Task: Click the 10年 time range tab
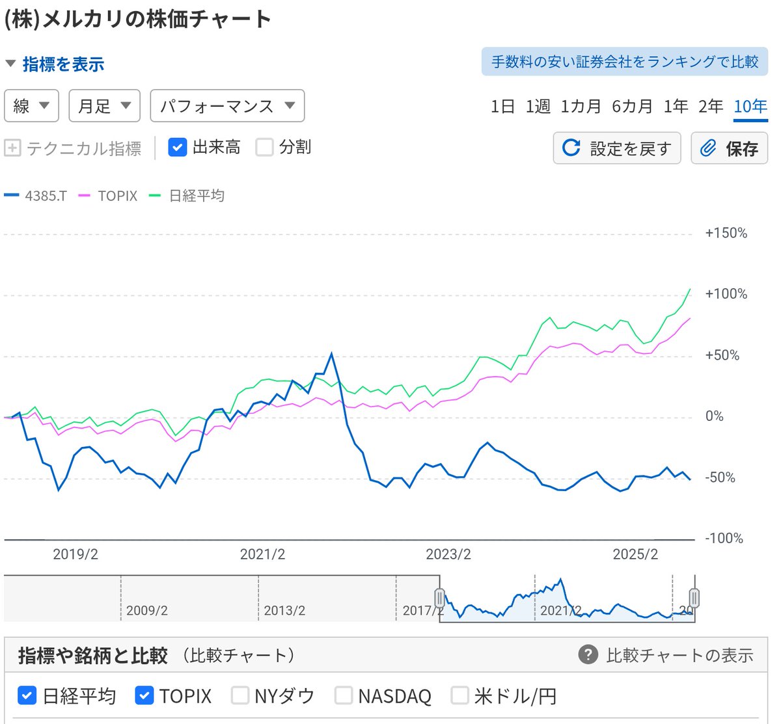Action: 750,107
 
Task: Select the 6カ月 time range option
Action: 632,107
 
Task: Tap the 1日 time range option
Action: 502,107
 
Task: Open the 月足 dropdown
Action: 104,106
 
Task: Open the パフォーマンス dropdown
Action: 227,106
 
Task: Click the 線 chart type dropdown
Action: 31,106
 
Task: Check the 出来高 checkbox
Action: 178,148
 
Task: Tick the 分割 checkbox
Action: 264,148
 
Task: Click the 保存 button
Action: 729,148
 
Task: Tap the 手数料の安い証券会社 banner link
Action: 624,62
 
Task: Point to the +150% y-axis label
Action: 726,234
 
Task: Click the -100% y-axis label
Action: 724,539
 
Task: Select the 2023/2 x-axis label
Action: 448,555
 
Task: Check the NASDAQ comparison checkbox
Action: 344,695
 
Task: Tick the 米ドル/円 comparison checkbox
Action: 460,695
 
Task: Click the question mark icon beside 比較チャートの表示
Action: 588,654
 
